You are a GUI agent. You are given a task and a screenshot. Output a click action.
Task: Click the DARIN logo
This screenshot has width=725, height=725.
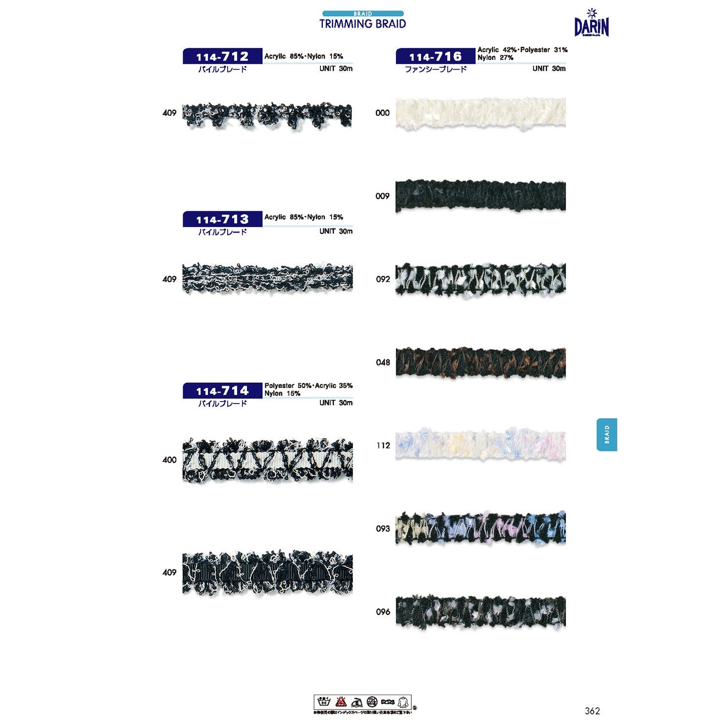click(x=592, y=24)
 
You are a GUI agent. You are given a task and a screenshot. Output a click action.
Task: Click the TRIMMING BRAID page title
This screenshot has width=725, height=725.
click(x=362, y=24)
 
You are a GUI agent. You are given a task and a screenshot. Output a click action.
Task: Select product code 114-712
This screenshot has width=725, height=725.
click(x=222, y=57)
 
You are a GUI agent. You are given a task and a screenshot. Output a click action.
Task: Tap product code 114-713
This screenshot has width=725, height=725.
click(x=222, y=219)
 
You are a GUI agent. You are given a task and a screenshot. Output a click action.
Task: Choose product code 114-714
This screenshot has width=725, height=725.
click(x=222, y=391)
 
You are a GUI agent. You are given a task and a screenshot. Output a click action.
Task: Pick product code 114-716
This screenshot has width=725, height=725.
click(x=435, y=57)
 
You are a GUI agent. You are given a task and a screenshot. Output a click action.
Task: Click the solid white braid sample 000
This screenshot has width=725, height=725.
click(x=480, y=113)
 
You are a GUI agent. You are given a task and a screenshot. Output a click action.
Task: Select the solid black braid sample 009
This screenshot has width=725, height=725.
click(x=480, y=196)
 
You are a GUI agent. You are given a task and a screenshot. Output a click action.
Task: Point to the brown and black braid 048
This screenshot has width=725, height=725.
click(x=480, y=362)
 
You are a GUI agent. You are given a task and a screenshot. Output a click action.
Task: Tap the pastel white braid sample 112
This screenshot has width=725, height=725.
click(x=480, y=445)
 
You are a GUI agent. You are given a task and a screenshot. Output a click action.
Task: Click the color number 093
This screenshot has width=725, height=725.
click(x=383, y=529)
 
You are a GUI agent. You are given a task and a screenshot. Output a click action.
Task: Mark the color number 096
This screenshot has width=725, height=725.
click(x=383, y=612)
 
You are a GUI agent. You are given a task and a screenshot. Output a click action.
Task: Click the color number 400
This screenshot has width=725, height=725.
click(x=169, y=460)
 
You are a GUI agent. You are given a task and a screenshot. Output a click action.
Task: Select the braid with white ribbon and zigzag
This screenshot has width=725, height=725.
click(x=267, y=460)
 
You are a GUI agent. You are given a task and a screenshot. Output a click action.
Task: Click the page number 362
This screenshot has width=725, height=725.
click(x=592, y=710)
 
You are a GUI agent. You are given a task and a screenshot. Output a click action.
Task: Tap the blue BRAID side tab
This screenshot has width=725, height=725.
click(x=607, y=435)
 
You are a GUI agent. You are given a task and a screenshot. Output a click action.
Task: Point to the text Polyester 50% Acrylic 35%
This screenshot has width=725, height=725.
click(x=308, y=386)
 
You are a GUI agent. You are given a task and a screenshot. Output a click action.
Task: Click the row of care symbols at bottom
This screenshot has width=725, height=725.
click(x=362, y=702)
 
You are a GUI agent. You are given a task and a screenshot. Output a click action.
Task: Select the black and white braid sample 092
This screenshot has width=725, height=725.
click(x=480, y=279)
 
